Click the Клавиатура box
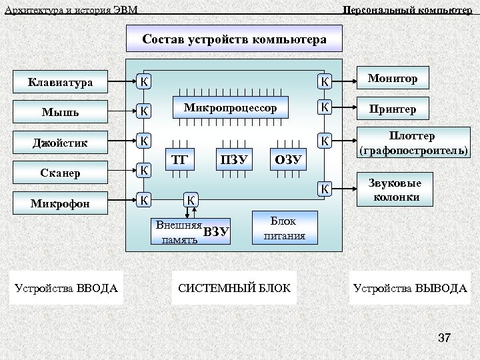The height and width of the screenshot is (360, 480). pos(60,83)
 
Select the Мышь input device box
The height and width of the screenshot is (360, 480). pos(60,111)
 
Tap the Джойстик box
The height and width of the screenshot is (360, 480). pos(60,142)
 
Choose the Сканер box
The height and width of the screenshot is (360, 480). pos(60,172)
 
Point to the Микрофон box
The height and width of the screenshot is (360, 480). pos(60,203)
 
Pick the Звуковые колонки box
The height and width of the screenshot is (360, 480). pos(394,190)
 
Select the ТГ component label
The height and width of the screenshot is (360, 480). pos(179,159)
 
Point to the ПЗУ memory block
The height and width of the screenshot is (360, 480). pos(233,159)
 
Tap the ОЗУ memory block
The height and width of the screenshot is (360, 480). pos(289,159)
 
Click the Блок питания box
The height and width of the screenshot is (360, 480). pos(284,228)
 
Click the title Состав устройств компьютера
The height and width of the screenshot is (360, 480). pos(234,39)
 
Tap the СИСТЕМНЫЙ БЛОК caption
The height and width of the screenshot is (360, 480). pos(234,288)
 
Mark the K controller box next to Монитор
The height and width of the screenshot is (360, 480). pos(324,81)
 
